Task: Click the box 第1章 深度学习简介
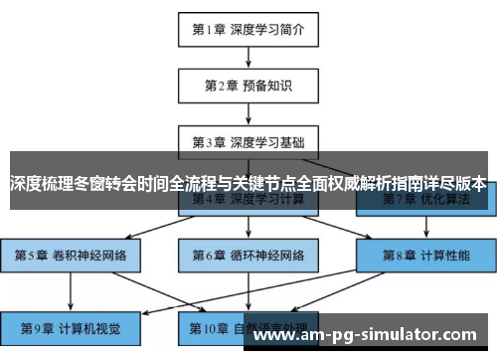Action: point(248,29)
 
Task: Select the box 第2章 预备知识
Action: point(248,86)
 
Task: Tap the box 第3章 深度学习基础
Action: point(248,142)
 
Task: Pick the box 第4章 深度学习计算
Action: point(248,199)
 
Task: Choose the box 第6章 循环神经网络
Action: point(248,255)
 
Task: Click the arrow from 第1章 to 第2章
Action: point(248,57)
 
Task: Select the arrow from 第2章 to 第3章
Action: point(248,113)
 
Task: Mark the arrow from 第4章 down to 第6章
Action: point(248,227)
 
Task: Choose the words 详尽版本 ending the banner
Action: point(453,184)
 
